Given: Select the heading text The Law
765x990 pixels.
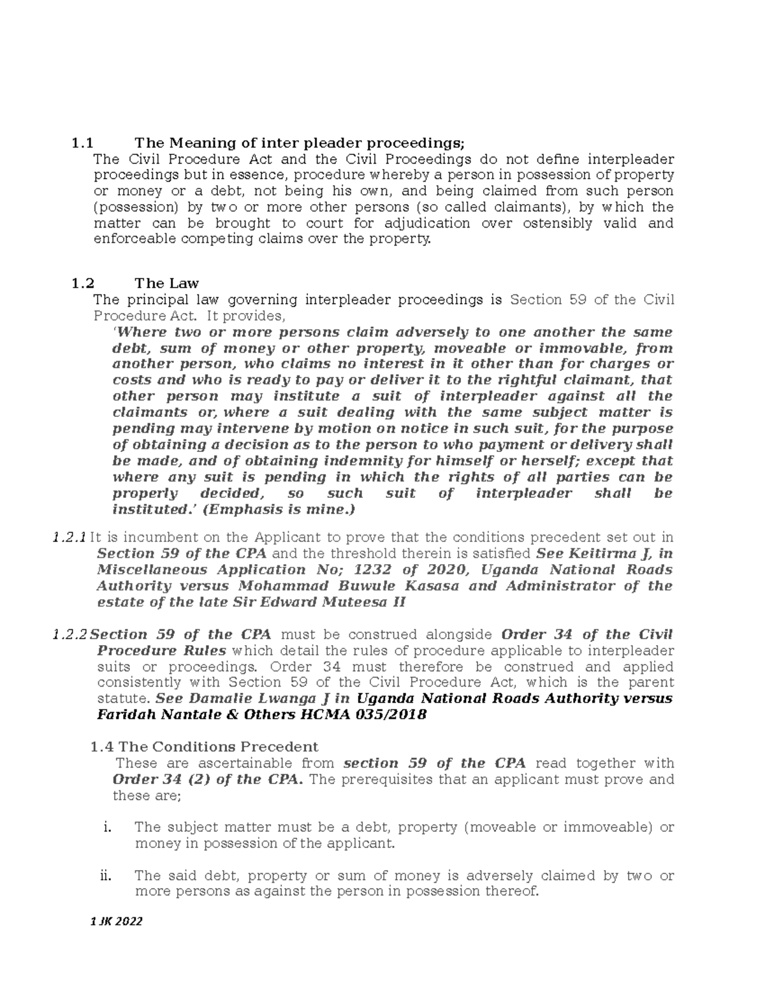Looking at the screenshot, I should pyautogui.click(x=166, y=283).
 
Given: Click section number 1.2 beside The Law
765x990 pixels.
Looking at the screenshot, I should pyautogui.click(x=83, y=283).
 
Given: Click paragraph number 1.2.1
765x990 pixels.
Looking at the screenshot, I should pyautogui.click(x=68, y=537).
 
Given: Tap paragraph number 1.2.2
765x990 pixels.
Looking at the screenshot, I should pyautogui.click(x=69, y=634).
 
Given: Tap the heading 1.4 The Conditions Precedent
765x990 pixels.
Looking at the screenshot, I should pyautogui.click(x=205, y=746).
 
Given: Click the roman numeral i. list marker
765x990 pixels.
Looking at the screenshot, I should pyautogui.click(x=107, y=827).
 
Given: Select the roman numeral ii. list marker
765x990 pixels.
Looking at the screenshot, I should pyautogui.click(x=106, y=876).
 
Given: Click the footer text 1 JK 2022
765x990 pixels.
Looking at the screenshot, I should pyautogui.click(x=117, y=922).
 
